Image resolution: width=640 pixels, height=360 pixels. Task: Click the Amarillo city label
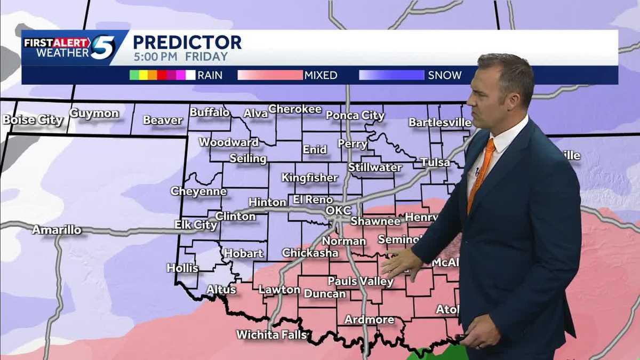click(57, 230)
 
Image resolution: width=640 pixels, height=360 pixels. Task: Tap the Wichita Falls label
click(272, 335)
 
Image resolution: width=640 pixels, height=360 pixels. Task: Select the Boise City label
click(33, 120)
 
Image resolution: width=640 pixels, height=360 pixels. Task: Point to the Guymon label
click(94, 114)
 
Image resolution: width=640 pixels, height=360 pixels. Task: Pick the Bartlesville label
click(439, 123)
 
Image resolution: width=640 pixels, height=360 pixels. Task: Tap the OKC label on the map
click(339, 211)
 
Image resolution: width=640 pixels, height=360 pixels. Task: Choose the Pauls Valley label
click(361, 281)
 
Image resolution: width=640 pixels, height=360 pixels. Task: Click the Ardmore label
click(369, 320)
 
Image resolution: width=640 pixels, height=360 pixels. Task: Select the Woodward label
click(229, 142)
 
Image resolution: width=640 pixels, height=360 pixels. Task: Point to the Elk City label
click(196, 225)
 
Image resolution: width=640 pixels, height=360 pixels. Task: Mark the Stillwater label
click(375, 167)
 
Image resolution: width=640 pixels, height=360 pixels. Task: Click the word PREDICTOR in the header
click(187, 42)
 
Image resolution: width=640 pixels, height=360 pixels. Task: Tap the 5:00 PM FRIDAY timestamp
click(180, 57)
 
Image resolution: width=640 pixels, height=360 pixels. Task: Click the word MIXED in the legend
click(321, 75)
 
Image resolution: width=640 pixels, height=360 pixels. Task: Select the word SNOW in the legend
click(445, 75)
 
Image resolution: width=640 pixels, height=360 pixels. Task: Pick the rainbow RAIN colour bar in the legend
click(162, 75)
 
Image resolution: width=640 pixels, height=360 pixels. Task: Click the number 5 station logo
click(102, 47)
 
